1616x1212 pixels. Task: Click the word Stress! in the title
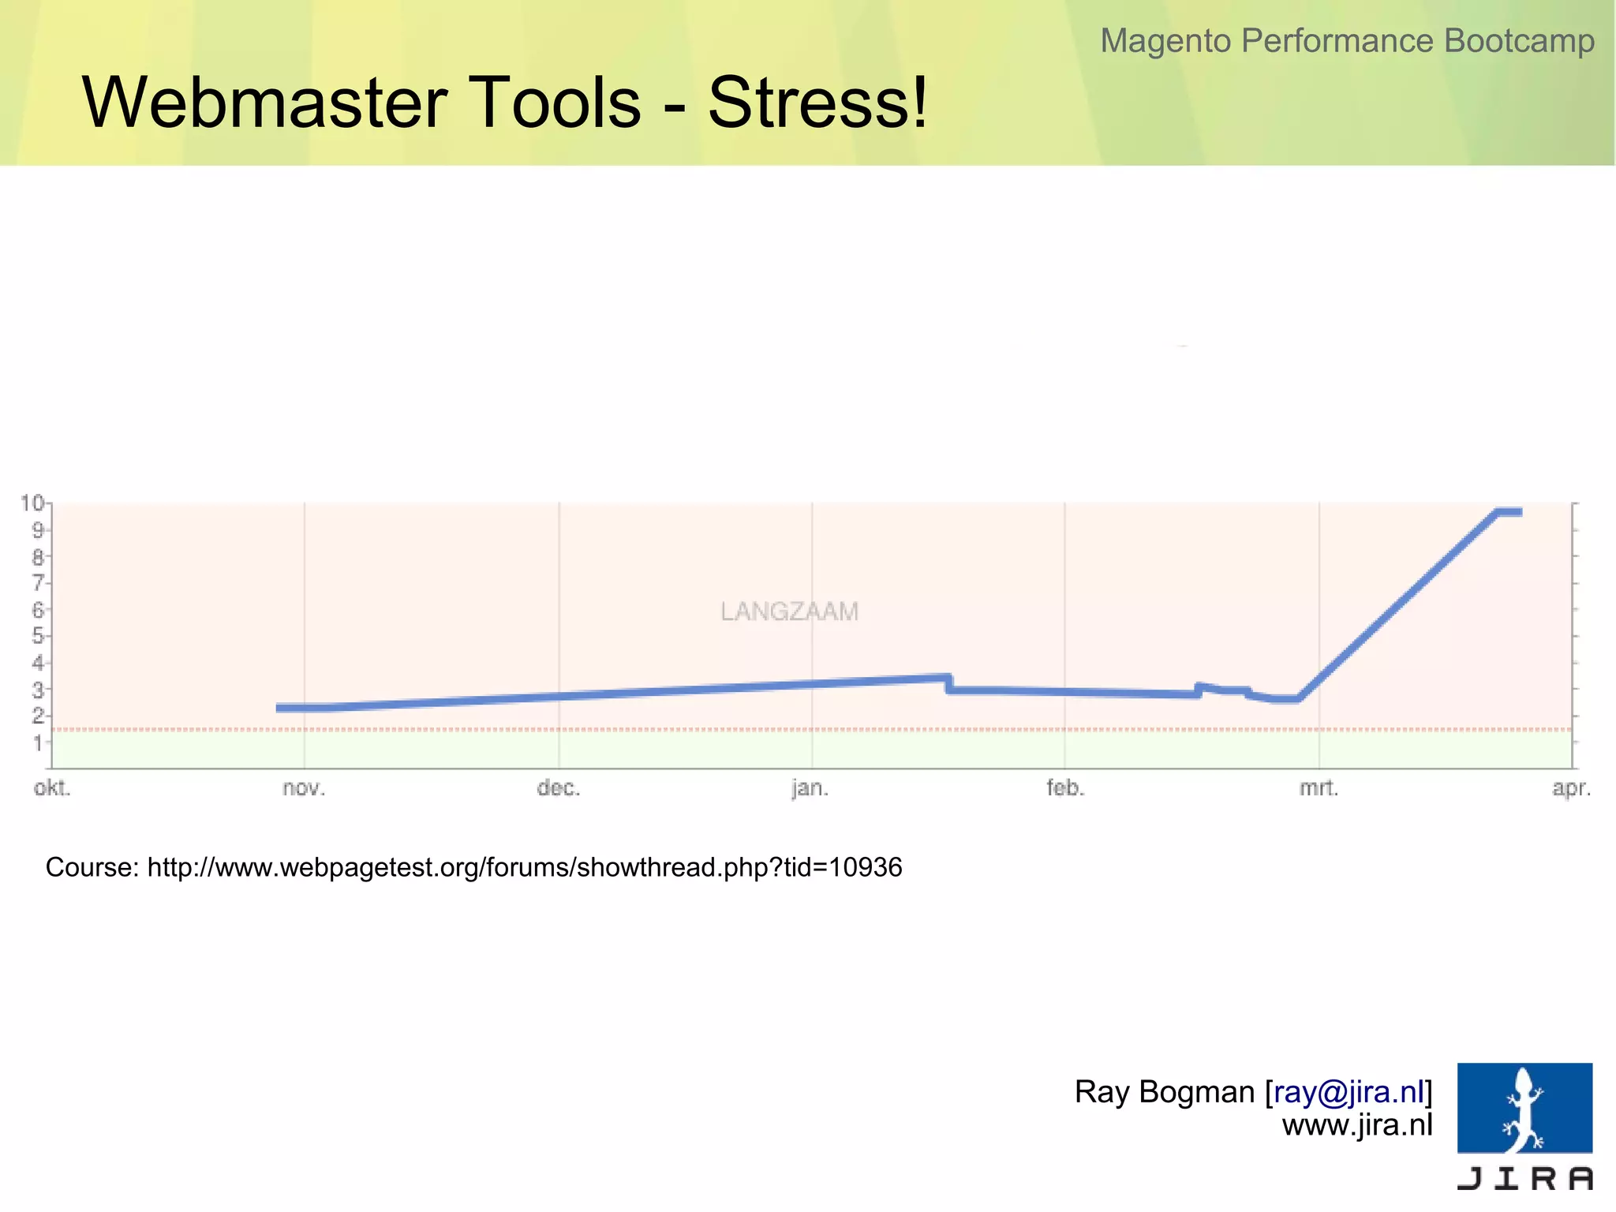coord(817,103)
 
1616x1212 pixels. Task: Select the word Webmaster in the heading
coord(265,103)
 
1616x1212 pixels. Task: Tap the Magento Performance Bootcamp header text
coord(1347,41)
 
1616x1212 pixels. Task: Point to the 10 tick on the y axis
coord(32,503)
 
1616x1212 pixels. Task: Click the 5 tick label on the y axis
coord(37,636)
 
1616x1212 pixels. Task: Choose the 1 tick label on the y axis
coord(37,743)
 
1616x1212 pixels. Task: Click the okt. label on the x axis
coord(52,788)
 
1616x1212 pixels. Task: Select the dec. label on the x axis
coord(559,788)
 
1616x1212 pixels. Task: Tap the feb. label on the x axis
coord(1065,788)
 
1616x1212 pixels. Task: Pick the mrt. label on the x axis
coord(1319,788)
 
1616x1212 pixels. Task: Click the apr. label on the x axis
coord(1571,788)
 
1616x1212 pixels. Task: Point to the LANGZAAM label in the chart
coord(789,612)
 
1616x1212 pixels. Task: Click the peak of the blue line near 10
coord(1507,512)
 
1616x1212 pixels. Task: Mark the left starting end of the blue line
coord(279,708)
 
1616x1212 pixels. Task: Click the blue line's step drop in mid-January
coord(949,684)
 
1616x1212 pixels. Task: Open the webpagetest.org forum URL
coord(525,867)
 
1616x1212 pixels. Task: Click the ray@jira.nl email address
coord(1349,1092)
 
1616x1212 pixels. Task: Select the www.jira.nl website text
coord(1357,1124)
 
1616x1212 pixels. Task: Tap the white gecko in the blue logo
coord(1524,1108)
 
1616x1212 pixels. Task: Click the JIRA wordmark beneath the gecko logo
coord(1524,1179)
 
